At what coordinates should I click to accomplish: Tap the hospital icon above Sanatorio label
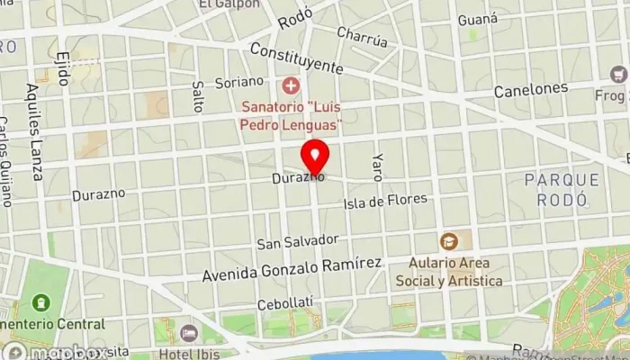click(290, 86)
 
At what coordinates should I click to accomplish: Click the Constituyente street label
click(297, 58)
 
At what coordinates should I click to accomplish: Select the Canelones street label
click(531, 90)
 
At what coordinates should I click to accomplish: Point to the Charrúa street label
click(362, 37)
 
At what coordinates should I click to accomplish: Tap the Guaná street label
click(477, 19)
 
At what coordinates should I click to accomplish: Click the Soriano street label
click(238, 82)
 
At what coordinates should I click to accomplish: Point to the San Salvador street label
click(297, 241)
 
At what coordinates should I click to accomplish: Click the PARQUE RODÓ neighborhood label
click(555, 191)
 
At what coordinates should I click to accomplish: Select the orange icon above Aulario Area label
click(448, 240)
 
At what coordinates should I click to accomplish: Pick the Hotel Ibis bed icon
click(187, 334)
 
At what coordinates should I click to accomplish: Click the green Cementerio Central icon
click(40, 304)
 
